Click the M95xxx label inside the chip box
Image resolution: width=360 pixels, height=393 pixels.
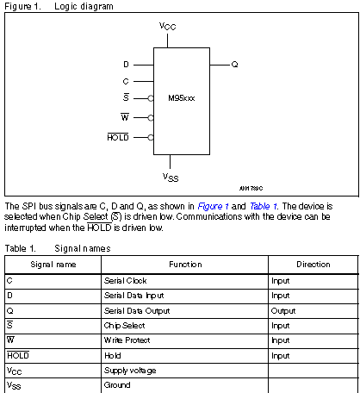tap(182, 99)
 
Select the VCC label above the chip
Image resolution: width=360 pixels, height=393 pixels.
tap(170, 27)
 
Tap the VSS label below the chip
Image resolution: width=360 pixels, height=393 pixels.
tap(171, 176)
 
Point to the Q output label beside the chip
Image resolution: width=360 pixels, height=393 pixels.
tap(234, 65)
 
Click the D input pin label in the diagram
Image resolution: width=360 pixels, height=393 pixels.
tap(126, 65)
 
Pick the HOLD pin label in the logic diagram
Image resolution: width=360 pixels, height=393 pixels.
tap(118, 136)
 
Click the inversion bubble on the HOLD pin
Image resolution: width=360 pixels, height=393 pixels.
tap(151, 136)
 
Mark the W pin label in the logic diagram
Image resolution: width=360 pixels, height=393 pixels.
tap(125, 116)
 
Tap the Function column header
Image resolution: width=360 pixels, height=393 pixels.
tap(185, 265)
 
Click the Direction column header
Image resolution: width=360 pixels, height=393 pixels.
tap(313, 265)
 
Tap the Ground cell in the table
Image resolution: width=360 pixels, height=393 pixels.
tap(117, 384)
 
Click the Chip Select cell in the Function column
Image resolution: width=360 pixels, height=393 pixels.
tap(122, 326)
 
